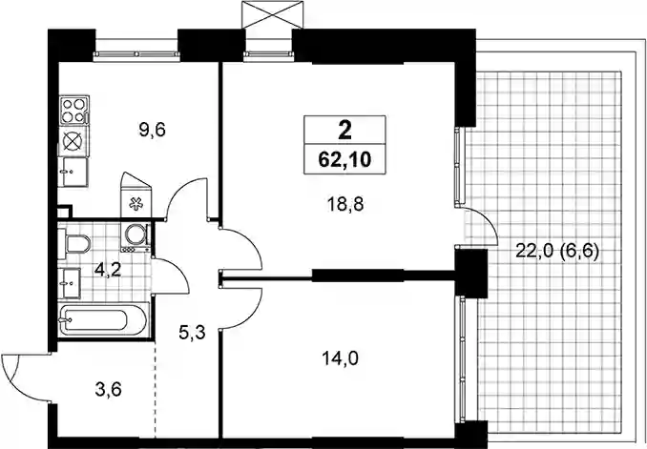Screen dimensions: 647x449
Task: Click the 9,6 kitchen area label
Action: pyautogui.click(x=153, y=131)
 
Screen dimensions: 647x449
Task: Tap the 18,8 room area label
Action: pyautogui.click(x=345, y=204)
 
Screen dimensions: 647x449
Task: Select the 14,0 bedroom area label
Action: pyautogui.click(x=340, y=358)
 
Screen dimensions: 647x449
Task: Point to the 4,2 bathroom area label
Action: pyautogui.click(x=108, y=270)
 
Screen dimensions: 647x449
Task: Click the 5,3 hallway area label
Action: pyautogui.click(x=192, y=332)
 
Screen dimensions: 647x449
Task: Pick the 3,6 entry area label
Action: pyautogui.click(x=108, y=389)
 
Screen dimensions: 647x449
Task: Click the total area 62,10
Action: pyautogui.click(x=344, y=159)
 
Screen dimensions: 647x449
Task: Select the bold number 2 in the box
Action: pyautogui.click(x=344, y=131)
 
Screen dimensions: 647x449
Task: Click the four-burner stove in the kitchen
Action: pyautogui.click(x=74, y=111)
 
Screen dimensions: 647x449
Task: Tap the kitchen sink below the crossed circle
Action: pyautogui.click(x=73, y=172)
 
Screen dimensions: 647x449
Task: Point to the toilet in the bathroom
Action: pyautogui.click(x=73, y=244)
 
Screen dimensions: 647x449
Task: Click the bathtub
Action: pyautogui.click(x=102, y=320)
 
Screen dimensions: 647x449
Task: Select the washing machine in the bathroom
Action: pyautogui.click(x=135, y=237)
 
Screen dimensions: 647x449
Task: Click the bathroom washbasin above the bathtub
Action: pyautogui.click(x=69, y=282)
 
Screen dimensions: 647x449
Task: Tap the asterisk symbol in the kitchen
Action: pyautogui.click(x=136, y=204)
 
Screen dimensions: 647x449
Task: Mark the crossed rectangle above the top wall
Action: pyautogui.click(x=272, y=14)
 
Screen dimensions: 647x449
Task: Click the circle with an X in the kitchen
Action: pyautogui.click(x=73, y=141)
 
